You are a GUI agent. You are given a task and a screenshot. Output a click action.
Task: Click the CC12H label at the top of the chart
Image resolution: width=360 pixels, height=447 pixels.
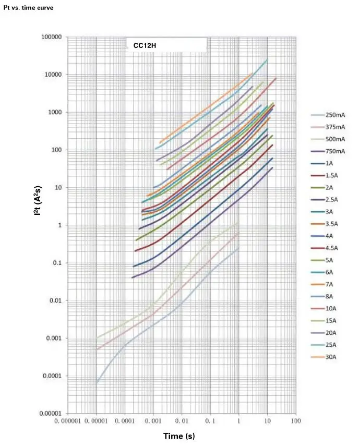click(145, 46)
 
